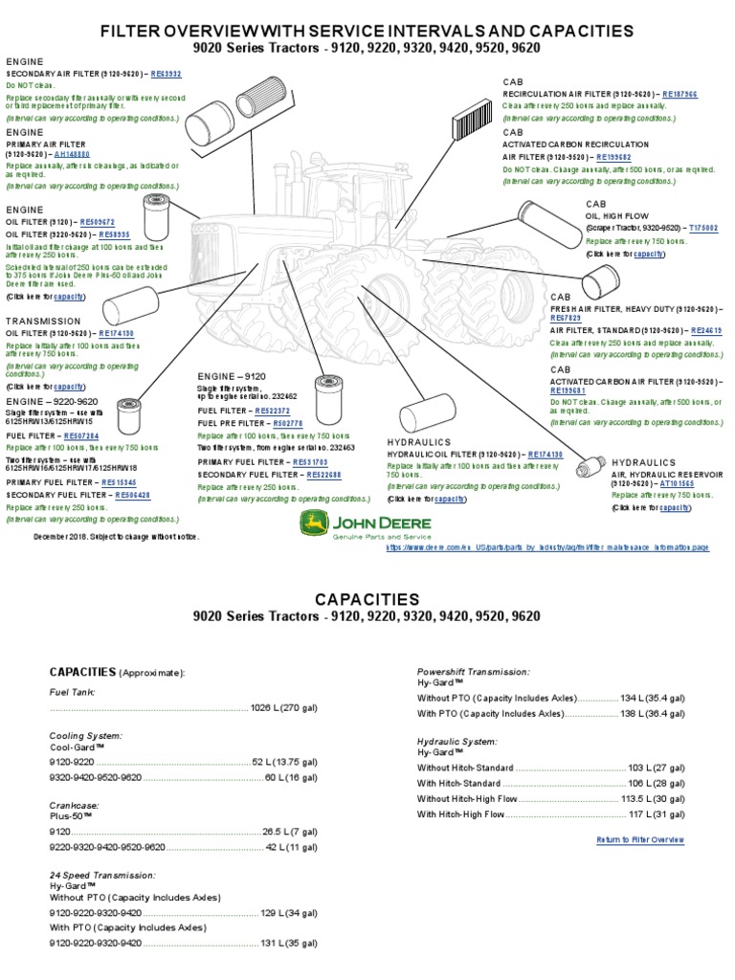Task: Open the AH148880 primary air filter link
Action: (73, 153)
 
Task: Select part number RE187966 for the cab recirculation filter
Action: (679, 95)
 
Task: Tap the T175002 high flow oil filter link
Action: (703, 229)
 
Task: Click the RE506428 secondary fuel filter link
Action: (133, 495)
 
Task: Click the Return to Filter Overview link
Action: (640, 839)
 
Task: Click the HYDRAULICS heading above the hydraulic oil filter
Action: (418, 442)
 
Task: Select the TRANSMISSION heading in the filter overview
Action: (43, 322)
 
